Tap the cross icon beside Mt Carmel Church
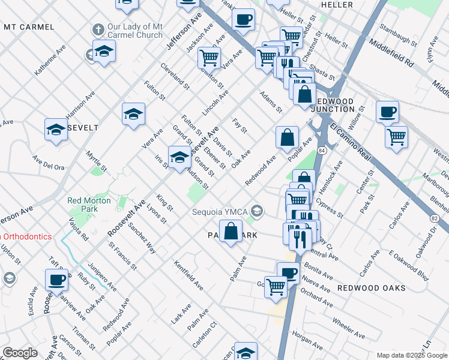click(97, 28)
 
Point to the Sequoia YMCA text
click(220, 211)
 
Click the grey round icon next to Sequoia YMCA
click(257, 210)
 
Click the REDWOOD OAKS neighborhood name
click(367, 288)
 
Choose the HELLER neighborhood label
click(337, 5)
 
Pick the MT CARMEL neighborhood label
click(29, 27)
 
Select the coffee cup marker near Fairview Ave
click(58, 278)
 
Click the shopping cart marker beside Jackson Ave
click(209, 58)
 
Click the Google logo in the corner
click(20, 353)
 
